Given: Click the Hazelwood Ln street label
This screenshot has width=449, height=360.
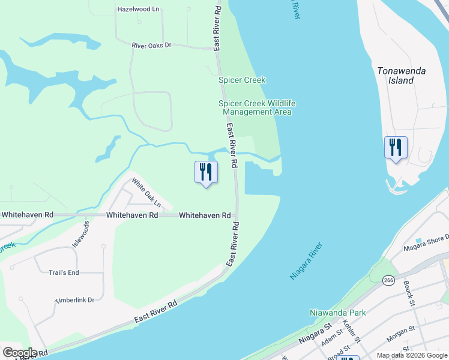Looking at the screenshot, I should (x=139, y=10).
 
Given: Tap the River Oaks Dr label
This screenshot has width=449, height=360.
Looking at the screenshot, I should (x=152, y=45).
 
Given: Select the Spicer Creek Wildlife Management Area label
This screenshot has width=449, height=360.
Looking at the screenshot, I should (x=257, y=107).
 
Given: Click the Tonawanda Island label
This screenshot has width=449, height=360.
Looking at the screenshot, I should (x=401, y=75).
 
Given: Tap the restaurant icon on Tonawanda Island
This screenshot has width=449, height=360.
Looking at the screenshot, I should (x=396, y=147).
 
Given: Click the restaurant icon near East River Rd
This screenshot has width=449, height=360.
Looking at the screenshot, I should (x=206, y=172).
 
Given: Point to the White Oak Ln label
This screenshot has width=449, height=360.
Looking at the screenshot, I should (x=146, y=193).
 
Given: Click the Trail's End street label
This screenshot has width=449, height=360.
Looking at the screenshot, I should (x=64, y=272).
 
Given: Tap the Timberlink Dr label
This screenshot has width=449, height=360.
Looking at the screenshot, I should (x=74, y=299).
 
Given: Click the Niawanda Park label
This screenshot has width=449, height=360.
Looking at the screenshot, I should (x=337, y=313).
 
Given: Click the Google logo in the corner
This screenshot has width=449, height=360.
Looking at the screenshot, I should (x=20, y=353).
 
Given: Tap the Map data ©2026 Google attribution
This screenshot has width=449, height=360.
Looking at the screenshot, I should (x=411, y=355).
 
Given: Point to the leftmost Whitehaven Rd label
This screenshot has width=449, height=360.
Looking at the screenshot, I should (x=27, y=215).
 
